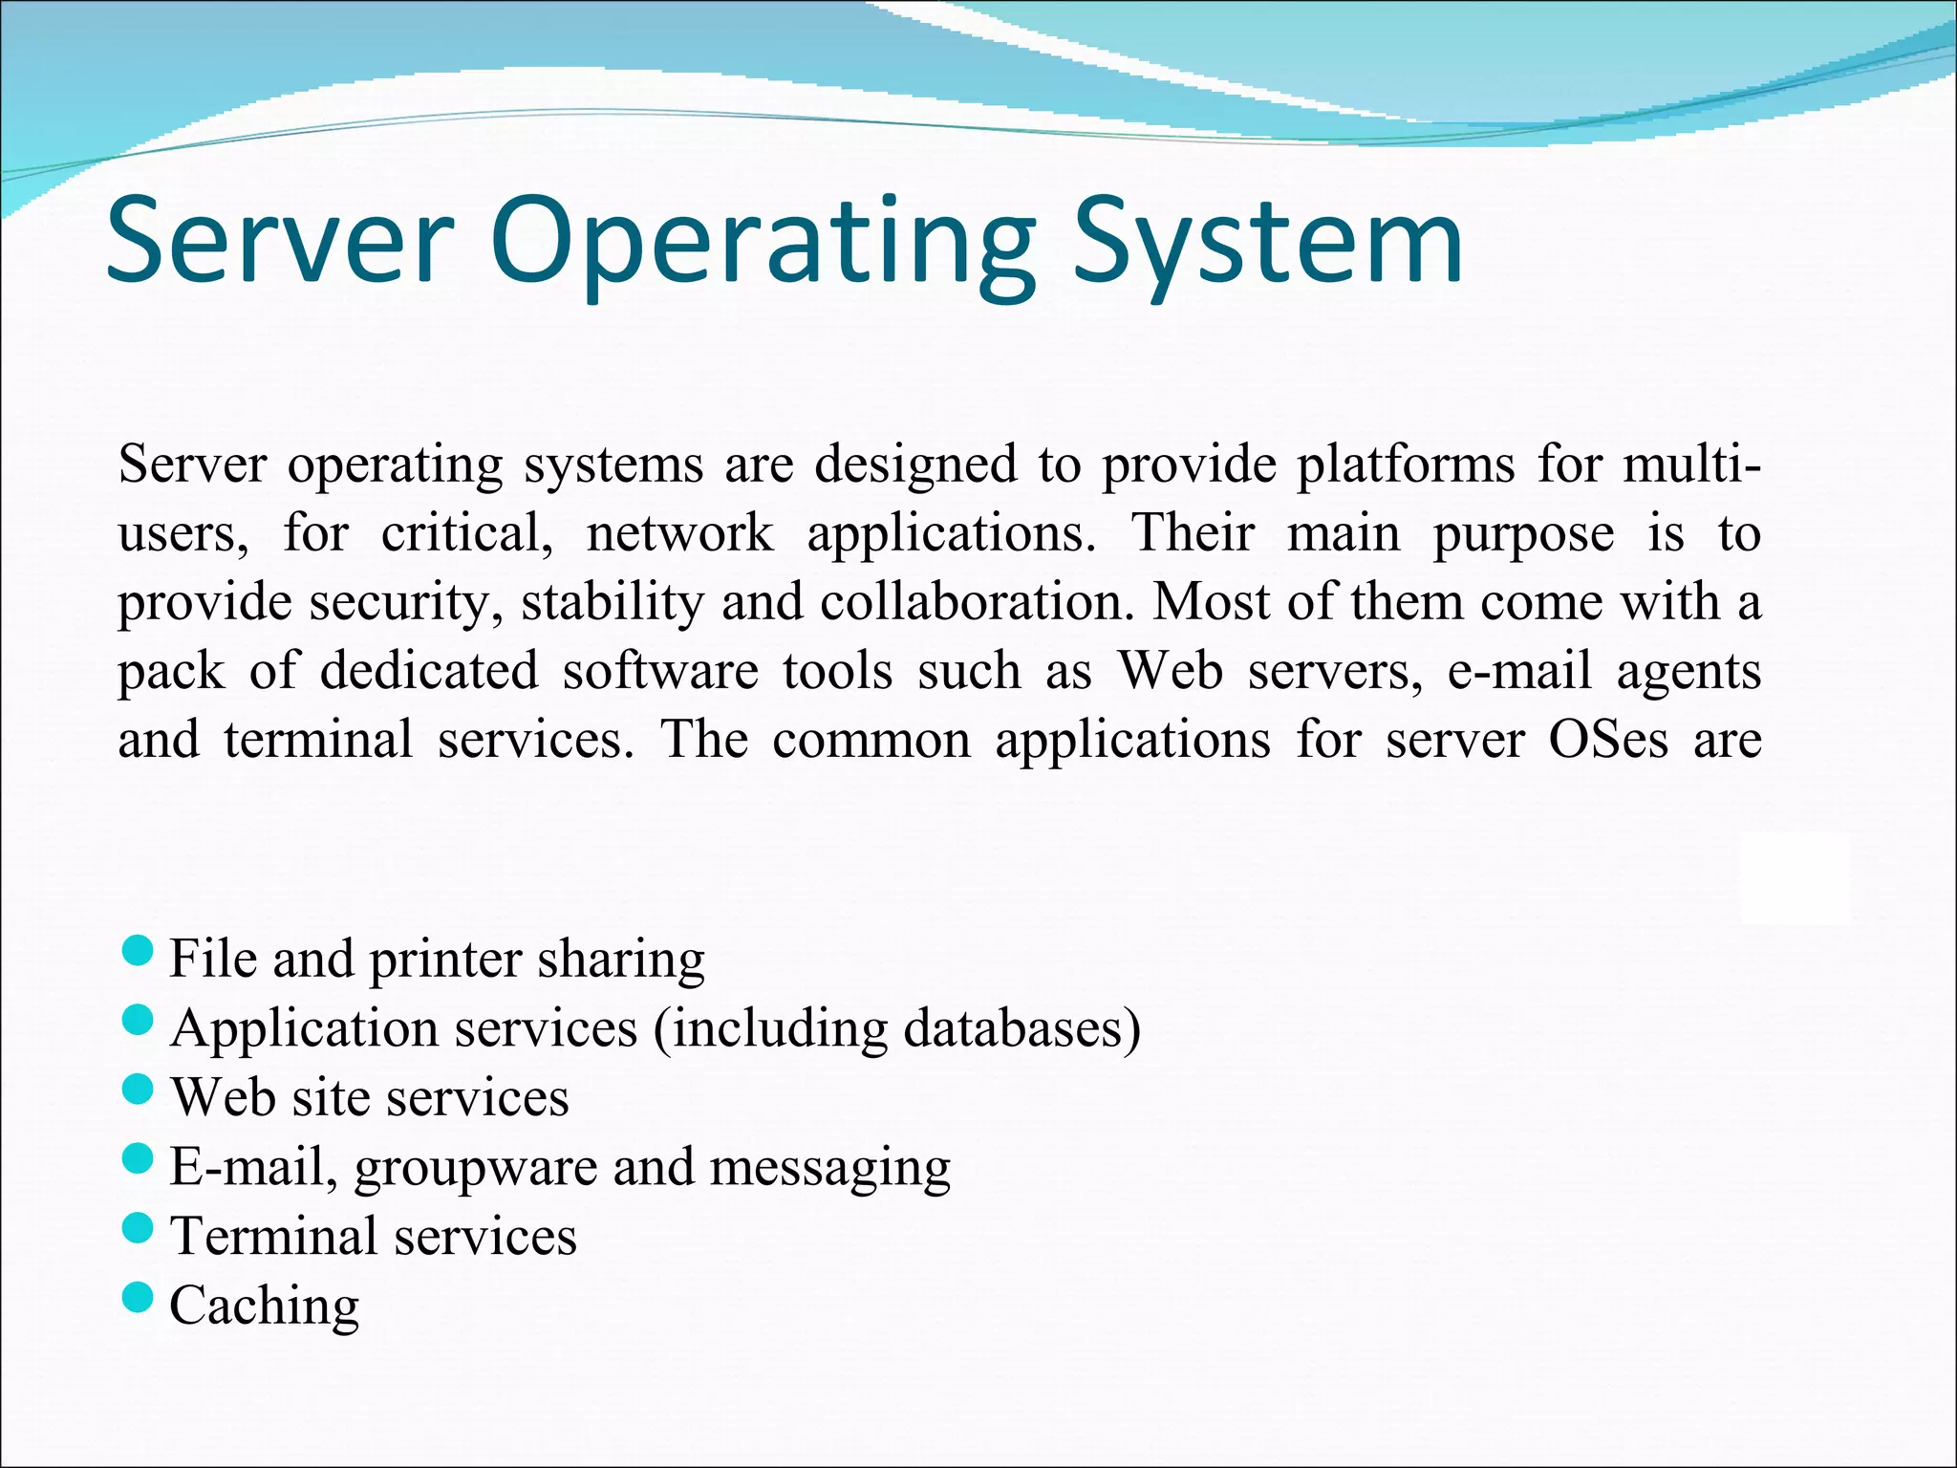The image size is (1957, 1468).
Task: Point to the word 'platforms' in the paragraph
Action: [x=1405, y=465]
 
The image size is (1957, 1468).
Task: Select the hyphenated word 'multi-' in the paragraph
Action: [x=1691, y=465]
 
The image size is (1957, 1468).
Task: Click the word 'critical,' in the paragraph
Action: [x=467, y=533]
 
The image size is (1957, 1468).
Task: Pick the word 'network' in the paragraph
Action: [x=679, y=533]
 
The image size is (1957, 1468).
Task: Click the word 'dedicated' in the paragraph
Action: [x=429, y=671]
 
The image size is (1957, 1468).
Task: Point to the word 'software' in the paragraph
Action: [x=660, y=671]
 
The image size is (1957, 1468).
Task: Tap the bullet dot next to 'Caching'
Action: [x=139, y=1298]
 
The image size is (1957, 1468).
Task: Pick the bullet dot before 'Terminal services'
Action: [x=139, y=1228]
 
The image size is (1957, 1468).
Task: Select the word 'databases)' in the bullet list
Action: [x=1022, y=1029]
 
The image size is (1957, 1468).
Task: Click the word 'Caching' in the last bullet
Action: [x=264, y=1306]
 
